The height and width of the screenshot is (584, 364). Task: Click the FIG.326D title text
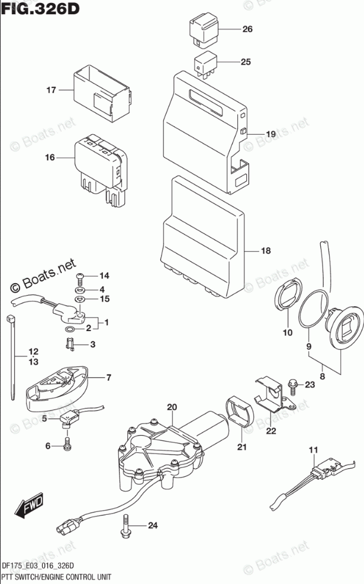click(x=41, y=9)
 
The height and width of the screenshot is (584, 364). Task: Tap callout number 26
click(x=247, y=29)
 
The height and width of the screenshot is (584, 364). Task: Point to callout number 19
click(x=270, y=134)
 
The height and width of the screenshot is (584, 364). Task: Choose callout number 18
click(x=265, y=251)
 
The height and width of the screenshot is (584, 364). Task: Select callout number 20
click(x=172, y=407)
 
